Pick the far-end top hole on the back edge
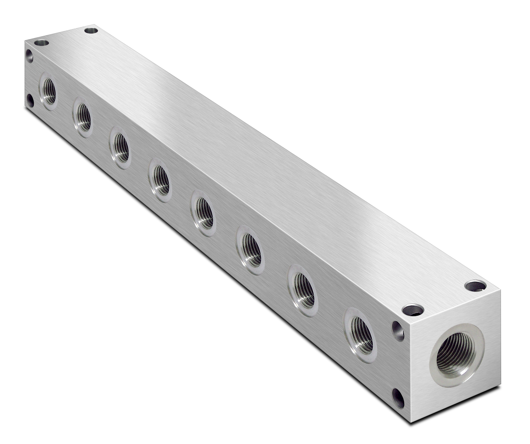click(91, 31)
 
